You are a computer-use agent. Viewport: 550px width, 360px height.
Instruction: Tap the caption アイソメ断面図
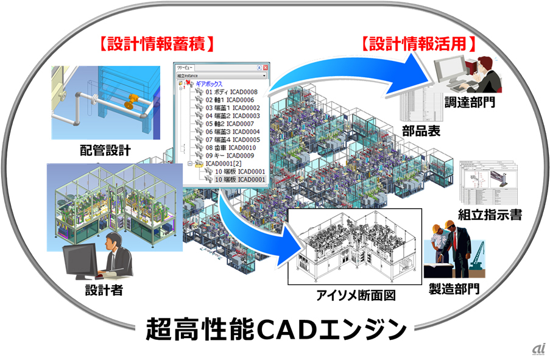pyautogui.click(x=356, y=297)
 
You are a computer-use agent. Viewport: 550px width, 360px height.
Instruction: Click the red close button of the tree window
pyautogui.click(x=266, y=68)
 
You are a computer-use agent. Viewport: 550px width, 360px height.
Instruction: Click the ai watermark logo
pyautogui.click(x=536, y=348)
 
